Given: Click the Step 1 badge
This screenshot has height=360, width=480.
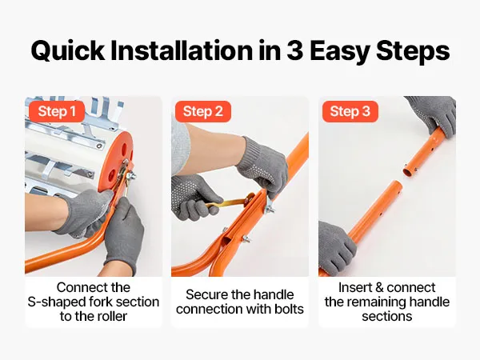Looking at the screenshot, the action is click(57, 111).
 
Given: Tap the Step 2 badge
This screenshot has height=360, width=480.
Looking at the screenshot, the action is click(203, 111).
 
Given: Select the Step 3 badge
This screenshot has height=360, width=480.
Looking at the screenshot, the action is click(350, 111).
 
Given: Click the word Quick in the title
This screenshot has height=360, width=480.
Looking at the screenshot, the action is click(68, 51).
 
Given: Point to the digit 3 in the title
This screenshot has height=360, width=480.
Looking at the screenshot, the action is click(295, 50).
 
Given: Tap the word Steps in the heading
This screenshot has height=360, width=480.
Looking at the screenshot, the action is click(413, 51).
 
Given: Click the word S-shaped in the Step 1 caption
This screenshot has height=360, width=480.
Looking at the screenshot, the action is click(57, 302).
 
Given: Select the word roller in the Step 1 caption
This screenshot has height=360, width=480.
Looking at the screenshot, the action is click(112, 316).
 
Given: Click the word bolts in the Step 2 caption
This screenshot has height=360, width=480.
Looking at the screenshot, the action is click(289, 309).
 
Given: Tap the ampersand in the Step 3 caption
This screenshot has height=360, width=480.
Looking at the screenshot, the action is click(379, 288).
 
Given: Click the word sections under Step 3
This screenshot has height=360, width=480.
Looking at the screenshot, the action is click(387, 316).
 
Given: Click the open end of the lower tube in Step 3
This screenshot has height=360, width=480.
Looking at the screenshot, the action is click(395, 185).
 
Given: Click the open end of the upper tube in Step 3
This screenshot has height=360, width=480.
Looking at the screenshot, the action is click(408, 172).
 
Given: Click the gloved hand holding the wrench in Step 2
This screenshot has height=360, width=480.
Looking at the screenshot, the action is click(191, 198).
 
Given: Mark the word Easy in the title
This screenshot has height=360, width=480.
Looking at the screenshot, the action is click(340, 51).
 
